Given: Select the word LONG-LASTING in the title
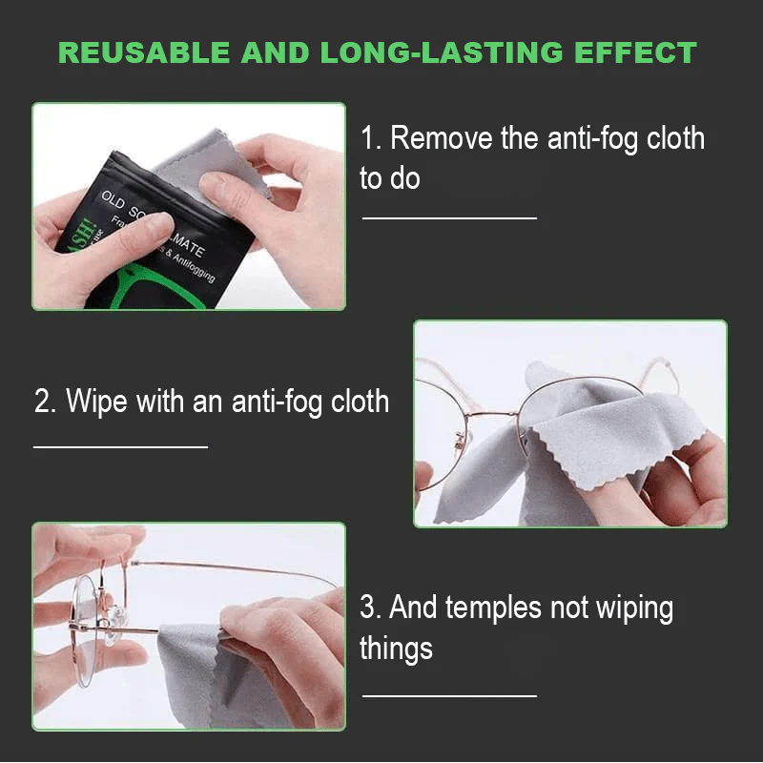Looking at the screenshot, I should pos(428,52).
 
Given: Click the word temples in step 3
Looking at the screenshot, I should pos(526,607).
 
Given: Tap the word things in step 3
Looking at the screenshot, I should pos(396,649).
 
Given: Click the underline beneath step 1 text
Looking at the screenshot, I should pos(449,218).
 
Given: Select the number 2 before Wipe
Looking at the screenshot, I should pos(43,401).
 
